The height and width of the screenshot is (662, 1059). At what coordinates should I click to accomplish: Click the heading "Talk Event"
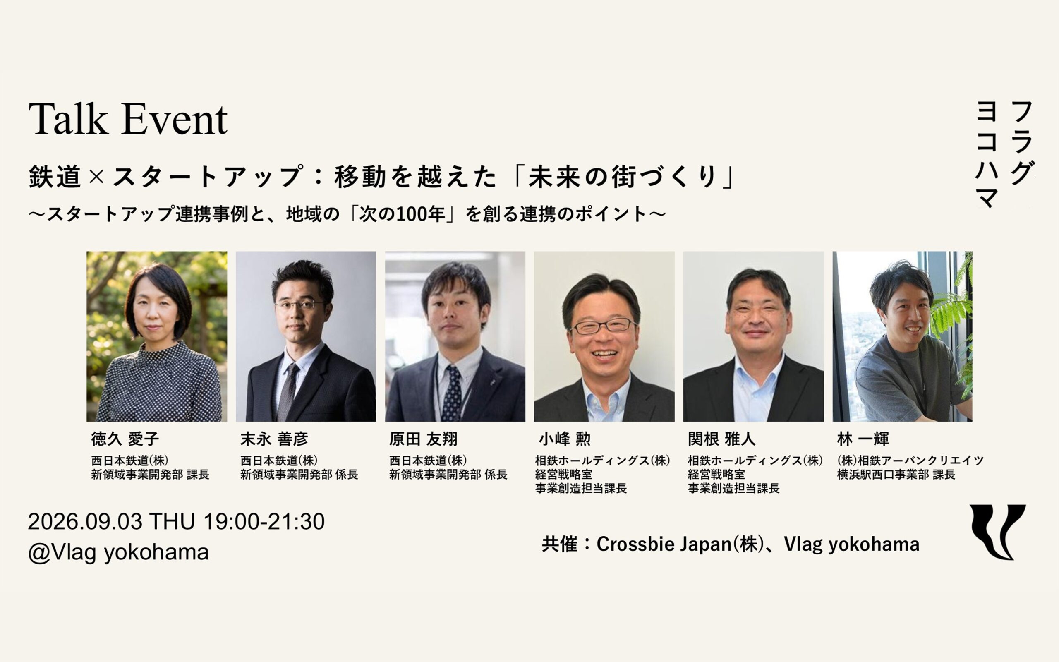pyautogui.click(x=128, y=119)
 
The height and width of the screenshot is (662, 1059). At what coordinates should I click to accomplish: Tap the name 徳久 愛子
pyautogui.click(x=125, y=439)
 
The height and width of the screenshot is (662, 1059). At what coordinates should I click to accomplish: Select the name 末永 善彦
pyautogui.click(x=274, y=439)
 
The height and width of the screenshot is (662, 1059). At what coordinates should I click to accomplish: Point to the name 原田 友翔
pyautogui.click(x=424, y=439)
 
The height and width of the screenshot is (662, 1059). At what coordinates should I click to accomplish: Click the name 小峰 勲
pyautogui.click(x=565, y=439)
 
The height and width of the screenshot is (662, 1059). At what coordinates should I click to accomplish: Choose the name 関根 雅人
pyautogui.click(x=721, y=439)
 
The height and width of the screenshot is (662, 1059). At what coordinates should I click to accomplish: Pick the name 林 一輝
pyautogui.click(x=863, y=439)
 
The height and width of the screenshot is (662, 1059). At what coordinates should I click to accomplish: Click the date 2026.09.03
pyautogui.click(x=85, y=521)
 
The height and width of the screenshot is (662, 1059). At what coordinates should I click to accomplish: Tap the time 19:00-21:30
pyautogui.click(x=264, y=521)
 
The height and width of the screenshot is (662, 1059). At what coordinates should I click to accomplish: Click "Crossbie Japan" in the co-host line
pyautogui.click(x=664, y=544)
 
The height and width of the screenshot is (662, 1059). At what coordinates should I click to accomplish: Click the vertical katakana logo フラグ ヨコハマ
pyautogui.click(x=1005, y=154)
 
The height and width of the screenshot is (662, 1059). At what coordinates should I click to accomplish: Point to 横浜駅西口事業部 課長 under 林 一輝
pyautogui.click(x=896, y=475)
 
